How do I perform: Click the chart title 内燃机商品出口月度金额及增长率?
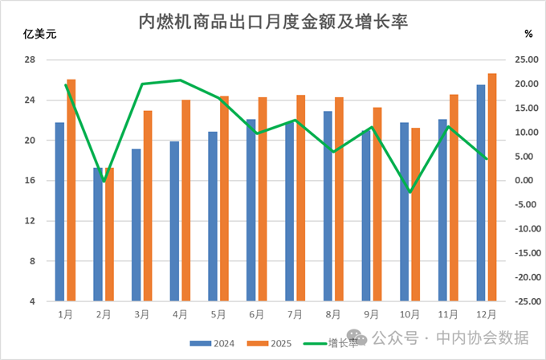274,22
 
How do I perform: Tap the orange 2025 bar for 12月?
491,187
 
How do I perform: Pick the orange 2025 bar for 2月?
109,235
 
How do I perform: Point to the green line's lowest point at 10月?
409,192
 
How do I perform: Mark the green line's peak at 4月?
180,80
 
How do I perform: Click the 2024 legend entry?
216,343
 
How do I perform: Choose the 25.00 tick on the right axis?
525,60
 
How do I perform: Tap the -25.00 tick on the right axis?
524,301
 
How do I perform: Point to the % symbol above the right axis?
528,35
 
